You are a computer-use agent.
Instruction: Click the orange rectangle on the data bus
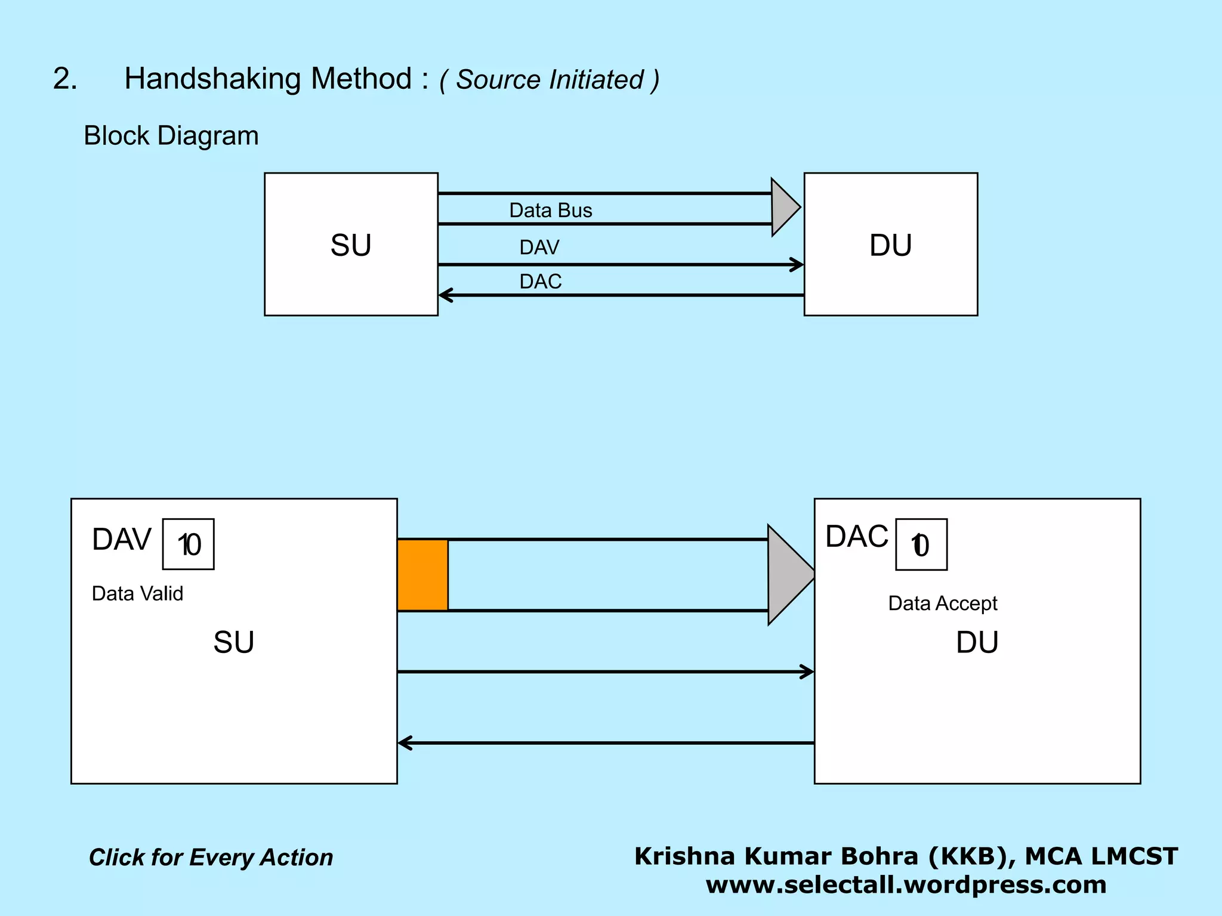(x=422, y=575)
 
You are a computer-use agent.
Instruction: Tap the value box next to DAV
(x=189, y=544)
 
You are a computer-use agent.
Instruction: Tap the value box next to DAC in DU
(x=921, y=545)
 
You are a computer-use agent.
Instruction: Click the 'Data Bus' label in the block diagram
(x=550, y=211)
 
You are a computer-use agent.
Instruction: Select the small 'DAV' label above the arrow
(x=539, y=247)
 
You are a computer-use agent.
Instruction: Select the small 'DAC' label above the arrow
(x=541, y=281)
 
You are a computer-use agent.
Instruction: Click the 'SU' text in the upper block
(x=351, y=245)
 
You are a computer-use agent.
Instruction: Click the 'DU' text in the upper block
(x=890, y=245)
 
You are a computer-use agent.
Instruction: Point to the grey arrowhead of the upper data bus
(x=784, y=208)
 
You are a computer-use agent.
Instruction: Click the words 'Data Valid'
(x=137, y=593)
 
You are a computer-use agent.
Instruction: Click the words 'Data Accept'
(x=942, y=604)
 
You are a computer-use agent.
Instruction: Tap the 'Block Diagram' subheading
(x=171, y=136)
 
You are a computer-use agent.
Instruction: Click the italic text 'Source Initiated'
(x=550, y=80)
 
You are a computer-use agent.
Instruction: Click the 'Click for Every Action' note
(x=211, y=858)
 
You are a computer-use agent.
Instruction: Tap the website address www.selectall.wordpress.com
(x=906, y=884)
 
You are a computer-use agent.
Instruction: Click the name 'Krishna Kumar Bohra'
(x=776, y=856)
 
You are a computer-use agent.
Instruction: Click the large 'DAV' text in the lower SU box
(x=122, y=540)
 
